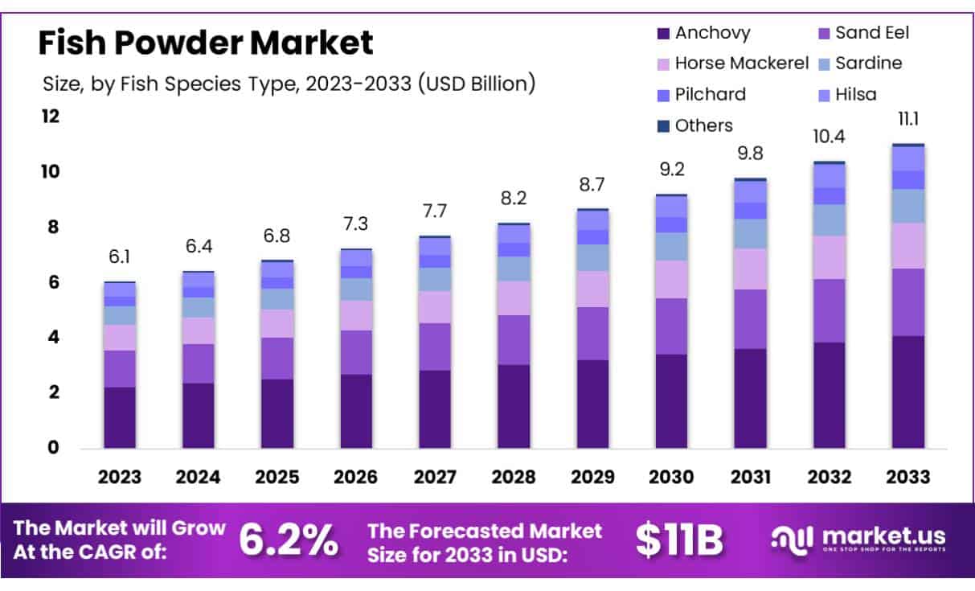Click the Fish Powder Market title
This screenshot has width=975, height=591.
(206, 42)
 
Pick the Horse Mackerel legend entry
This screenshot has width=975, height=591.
(731, 64)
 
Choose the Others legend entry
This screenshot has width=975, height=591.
(694, 125)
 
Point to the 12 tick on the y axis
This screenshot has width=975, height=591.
(51, 117)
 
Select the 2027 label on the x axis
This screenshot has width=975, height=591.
(435, 477)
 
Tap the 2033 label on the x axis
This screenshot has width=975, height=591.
(908, 477)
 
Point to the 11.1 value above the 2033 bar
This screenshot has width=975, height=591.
(908, 120)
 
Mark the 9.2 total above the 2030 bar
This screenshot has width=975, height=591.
(671, 170)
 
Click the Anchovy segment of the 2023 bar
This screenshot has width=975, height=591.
(120, 417)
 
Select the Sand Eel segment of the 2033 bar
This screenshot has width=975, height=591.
(908, 302)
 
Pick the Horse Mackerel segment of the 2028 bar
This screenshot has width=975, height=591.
(514, 298)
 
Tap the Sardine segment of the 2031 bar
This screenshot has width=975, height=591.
(750, 234)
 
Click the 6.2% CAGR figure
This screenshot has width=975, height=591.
(289, 541)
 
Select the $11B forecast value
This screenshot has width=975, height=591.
(679, 541)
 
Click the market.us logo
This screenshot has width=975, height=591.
(858, 539)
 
